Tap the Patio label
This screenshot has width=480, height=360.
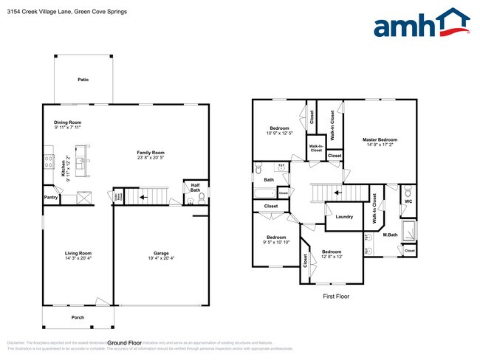pyautogui.click(x=83, y=79)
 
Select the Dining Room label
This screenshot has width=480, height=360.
pyautogui.click(x=67, y=122)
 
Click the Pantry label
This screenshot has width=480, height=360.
pyautogui.click(x=51, y=198)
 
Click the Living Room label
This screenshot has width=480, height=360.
pyautogui.click(x=78, y=253)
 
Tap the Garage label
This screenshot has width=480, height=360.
pyautogui.click(x=161, y=253)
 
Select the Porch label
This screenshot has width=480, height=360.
pyautogui.click(x=78, y=318)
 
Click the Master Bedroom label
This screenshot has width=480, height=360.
pyautogui.click(x=380, y=139)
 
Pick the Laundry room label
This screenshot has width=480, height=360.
pyautogui.click(x=343, y=217)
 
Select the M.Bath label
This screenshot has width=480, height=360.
pyautogui.click(x=391, y=235)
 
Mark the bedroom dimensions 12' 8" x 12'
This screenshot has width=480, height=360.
pyautogui.click(x=331, y=256)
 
